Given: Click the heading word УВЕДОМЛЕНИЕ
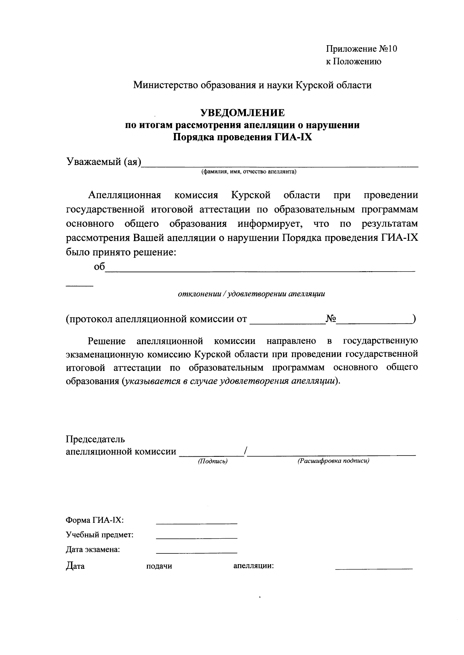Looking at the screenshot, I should pos(242,113).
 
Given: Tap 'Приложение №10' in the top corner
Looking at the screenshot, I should pos(362,49).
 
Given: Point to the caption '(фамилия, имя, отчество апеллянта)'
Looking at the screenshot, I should pos(247,172).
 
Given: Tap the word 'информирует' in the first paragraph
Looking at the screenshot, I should pos(270,224).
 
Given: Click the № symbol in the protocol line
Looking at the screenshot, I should pos(331,319).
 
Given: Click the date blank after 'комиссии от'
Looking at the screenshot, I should pos(287,322).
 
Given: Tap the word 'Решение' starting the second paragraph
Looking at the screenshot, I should pos(107,341).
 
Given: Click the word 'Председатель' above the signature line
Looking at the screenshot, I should pos(95,439).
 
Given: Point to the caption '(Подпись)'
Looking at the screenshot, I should pos(212,461).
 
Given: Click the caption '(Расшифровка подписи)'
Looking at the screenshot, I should pos(333,461).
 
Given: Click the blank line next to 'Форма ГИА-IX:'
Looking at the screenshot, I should pos(196,523).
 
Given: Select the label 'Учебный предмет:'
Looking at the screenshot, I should pos(100,535).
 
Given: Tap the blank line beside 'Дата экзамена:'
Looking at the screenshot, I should pos(196,552).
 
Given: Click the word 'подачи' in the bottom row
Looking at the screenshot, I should pos(159,566).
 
